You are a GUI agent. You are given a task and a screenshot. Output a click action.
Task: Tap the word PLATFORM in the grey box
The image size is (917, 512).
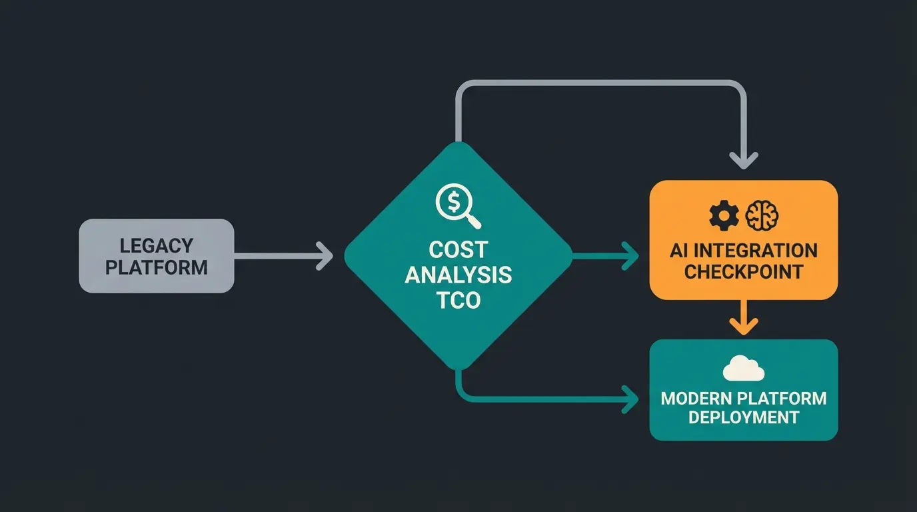click(x=157, y=267)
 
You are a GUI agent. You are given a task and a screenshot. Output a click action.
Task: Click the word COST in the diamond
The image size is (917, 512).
click(x=458, y=250)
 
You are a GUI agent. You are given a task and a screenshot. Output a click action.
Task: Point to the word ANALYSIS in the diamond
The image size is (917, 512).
click(x=458, y=274)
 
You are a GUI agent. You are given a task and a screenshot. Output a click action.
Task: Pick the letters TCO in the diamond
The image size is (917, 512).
click(x=458, y=299)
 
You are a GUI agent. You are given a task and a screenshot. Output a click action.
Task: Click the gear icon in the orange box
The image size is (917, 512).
click(x=724, y=215)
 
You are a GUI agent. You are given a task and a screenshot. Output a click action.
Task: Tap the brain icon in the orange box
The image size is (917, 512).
click(x=762, y=215)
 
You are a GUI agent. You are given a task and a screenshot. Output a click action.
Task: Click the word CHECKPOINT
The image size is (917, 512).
click(x=744, y=272)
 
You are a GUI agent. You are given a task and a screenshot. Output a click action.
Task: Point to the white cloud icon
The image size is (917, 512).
click(x=743, y=367)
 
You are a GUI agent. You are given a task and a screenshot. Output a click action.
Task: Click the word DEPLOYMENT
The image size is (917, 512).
click(x=744, y=418)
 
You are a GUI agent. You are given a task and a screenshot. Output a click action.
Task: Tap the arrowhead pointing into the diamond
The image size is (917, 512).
click(x=325, y=256)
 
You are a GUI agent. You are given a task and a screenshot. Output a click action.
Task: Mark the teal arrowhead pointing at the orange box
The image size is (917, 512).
click(x=630, y=256)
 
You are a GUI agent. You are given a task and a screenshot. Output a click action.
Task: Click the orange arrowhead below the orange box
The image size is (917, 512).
click(x=744, y=325)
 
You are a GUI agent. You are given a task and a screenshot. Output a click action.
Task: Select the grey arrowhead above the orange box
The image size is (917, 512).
click(x=744, y=160)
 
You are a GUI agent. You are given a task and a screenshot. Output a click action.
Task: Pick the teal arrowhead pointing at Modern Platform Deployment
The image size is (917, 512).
click(x=630, y=399)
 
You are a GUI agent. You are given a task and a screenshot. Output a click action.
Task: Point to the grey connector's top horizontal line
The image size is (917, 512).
click(x=600, y=83)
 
